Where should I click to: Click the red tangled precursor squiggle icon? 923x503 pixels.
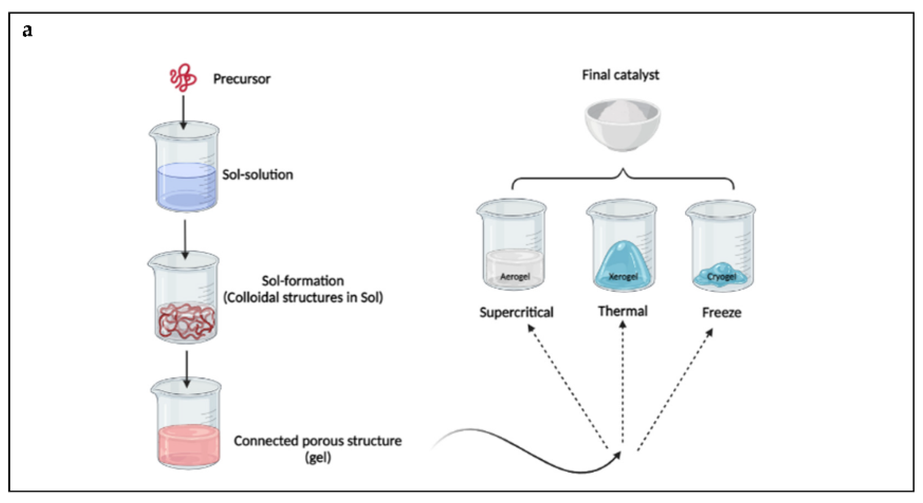[x=183, y=78]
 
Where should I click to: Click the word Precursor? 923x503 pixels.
[x=242, y=79]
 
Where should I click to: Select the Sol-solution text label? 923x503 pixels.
[x=257, y=175]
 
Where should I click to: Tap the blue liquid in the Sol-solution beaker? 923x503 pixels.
[x=186, y=186]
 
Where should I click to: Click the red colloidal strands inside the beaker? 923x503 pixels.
[x=186, y=321]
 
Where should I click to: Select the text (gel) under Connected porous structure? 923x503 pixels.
[x=318, y=458]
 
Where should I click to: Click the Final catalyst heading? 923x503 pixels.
[x=620, y=75]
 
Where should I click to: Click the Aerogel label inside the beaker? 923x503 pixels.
[x=514, y=277]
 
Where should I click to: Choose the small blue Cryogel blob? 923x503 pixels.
[x=721, y=275]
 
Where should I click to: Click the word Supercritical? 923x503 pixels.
[x=516, y=312]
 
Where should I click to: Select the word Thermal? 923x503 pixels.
[x=623, y=311]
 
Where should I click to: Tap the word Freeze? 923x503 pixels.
[x=721, y=312]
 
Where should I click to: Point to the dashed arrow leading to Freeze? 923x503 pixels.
[x=675, y=391]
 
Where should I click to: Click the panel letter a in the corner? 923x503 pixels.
[x=27, y=30]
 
